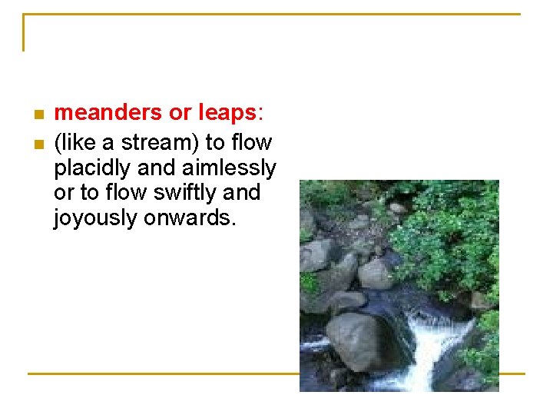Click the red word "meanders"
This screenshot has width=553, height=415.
point(108,114)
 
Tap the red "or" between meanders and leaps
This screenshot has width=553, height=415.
point(180,114)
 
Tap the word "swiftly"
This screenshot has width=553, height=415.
point(179,193)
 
